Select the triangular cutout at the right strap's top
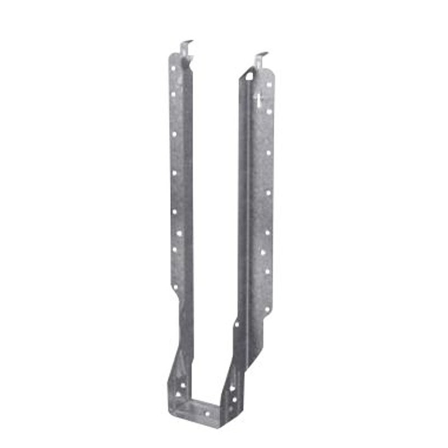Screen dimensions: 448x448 pos(249,74)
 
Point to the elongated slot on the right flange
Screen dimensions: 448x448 pos(258,101)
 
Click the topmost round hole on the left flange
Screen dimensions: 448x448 pos(173,68)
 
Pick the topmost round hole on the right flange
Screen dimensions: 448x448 pos(269,85)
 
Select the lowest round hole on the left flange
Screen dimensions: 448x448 pos(175,287)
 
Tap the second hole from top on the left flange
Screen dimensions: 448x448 pos(173,94)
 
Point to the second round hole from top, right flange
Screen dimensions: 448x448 pos(269,111)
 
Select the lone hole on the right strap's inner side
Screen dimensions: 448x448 pos(237,324)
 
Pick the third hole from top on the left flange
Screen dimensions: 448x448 pos(174,134)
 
